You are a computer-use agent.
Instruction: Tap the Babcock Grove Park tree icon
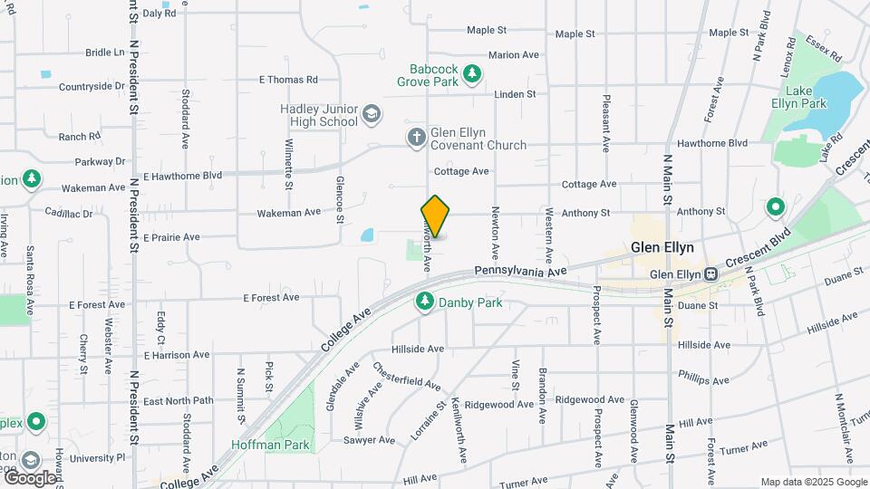point(471,73)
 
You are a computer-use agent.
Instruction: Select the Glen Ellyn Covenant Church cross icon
point(416,138)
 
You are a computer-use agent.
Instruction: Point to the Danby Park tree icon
point(423,302)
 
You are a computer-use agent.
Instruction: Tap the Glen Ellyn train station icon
point(711,274)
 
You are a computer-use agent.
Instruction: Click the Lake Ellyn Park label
point(806,97)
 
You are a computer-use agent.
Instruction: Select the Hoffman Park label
point(271,445)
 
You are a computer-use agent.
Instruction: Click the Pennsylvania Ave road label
point(520,271)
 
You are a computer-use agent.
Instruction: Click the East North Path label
point(178,401)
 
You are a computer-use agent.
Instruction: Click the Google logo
point(31,477)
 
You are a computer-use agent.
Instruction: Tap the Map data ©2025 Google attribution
point(812,482)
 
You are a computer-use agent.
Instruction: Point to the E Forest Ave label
point(272,297)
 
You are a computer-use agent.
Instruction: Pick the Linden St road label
point(515,93)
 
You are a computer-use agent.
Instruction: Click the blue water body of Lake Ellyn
point(839,91)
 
